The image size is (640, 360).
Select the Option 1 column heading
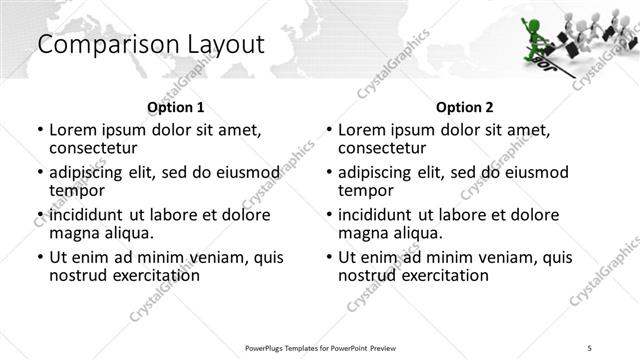pyautogui.click(x=175, y=107)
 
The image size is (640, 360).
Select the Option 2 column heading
pyautogui.click(x=465, y=107)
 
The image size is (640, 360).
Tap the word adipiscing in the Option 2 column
pyautogui.click(x=380, y=171)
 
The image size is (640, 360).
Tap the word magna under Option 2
pyautogui.click(x=362, y=233)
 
